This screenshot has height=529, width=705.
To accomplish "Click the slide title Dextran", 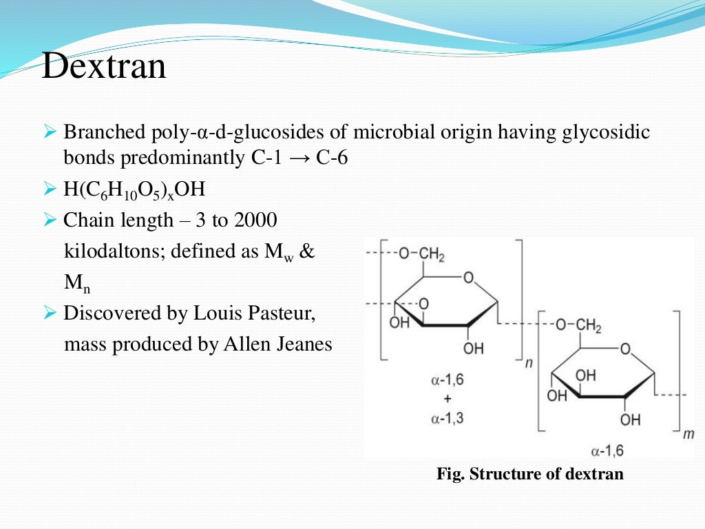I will [x=104, y=68].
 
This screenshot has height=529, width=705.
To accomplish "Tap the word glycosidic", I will [x=603, y=132].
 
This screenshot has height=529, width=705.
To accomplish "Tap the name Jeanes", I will [x=302, y=344].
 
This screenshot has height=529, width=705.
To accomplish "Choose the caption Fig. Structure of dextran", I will [x=530, y=474].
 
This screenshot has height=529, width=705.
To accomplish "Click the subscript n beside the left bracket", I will [x=528, y=362].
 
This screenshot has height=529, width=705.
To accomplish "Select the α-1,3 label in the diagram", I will [x=447, y=417].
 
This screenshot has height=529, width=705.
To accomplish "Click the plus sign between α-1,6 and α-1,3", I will [x=447, y=399].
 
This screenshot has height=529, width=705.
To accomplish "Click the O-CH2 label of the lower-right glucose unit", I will [x=578, y=326].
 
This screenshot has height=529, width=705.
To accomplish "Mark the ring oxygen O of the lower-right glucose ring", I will [x=625, y=349].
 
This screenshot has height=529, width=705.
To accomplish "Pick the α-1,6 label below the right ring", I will [x=607, y=451].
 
